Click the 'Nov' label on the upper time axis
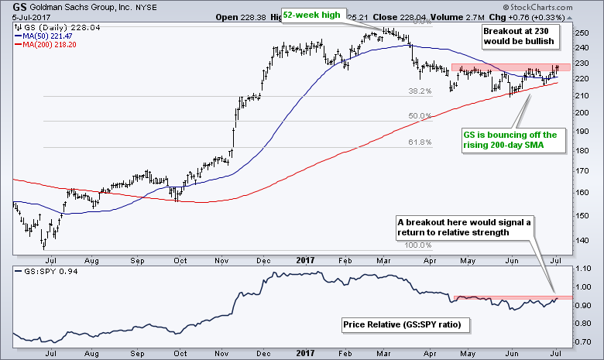(219, 259)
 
